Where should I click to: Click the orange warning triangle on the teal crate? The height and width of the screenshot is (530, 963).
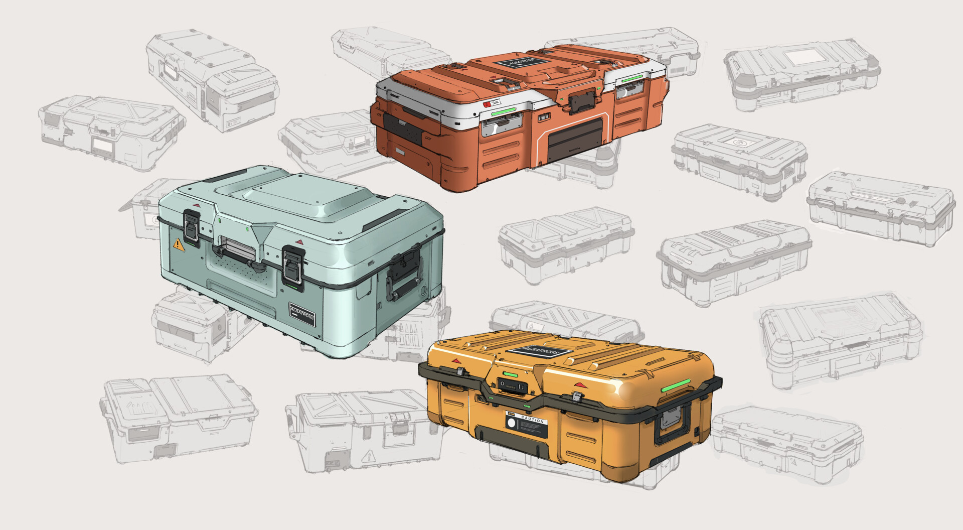click(x=179, y=245)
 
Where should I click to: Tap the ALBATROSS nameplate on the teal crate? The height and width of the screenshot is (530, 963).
click(x=302, y=314)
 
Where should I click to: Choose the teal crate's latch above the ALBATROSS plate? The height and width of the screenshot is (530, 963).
click(x=293, y=264)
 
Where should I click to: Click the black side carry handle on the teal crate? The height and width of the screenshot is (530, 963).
click(x=404, y=275)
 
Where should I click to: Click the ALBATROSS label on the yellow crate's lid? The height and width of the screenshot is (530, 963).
click(x=539, y=352)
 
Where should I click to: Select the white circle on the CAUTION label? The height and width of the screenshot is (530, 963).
click(x=512, y=424)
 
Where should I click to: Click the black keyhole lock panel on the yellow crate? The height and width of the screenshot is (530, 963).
click(x=512, y=386)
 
